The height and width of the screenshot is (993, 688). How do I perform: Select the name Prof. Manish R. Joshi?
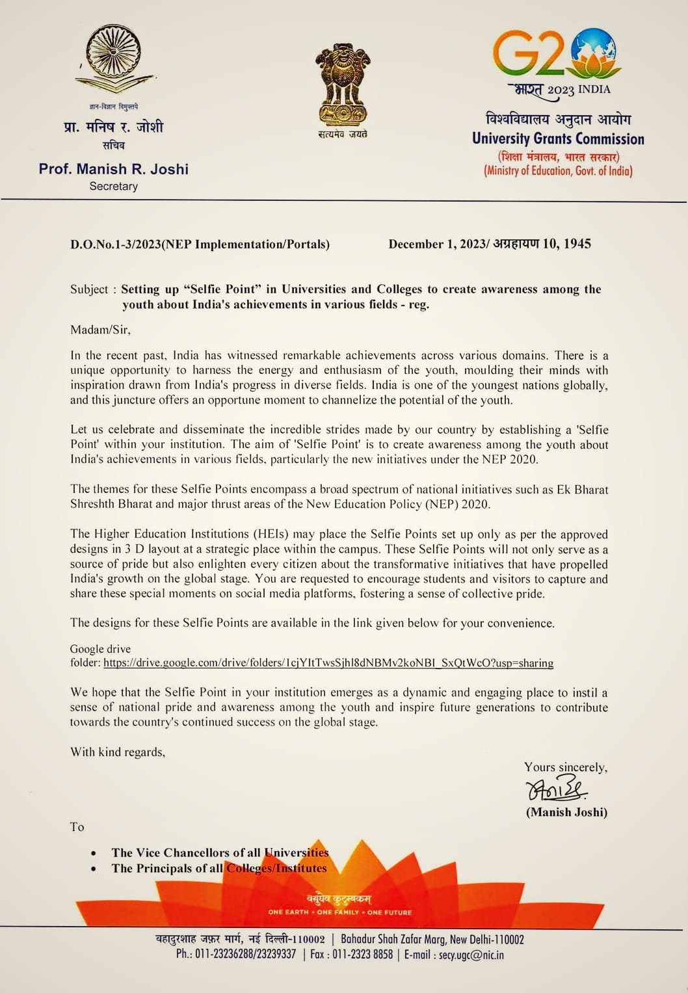(114, 169)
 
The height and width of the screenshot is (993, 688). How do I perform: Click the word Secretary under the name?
(114, 187)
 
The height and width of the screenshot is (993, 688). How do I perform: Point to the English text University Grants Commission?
(558, 139)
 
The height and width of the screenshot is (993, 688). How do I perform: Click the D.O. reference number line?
(200, 245)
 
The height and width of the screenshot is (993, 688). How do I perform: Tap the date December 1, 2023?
(436, 245)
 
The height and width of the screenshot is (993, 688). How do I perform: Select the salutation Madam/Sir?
(100, 330)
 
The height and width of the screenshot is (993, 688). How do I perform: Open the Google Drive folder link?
(328, 663)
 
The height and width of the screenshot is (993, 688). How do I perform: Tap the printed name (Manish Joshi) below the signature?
(566, 812)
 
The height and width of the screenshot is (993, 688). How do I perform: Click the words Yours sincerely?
(566, 767)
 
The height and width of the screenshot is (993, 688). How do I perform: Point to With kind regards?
(118, 752)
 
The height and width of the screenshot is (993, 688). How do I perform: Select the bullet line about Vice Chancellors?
(220, 853)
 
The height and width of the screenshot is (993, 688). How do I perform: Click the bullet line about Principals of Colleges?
(218, 868)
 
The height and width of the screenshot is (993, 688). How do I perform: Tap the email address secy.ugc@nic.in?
(471, 955)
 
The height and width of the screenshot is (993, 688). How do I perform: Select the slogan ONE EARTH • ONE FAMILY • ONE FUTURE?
(340, 912)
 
